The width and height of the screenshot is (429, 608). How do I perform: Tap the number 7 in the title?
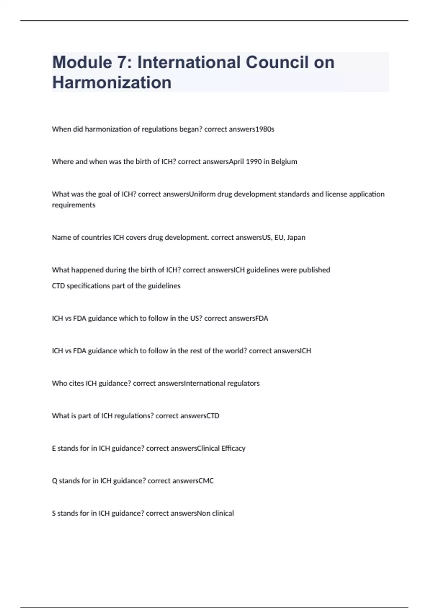[x=123, y=62]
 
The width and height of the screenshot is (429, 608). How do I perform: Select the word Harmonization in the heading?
[x=112, y=83]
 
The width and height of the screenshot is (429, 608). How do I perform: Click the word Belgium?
[x=284, y=162]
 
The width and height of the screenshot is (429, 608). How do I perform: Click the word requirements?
[x=74, y=205]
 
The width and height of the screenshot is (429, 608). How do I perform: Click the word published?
[x=314, y=270]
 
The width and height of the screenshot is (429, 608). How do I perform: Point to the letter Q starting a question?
[x=54, y=481]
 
